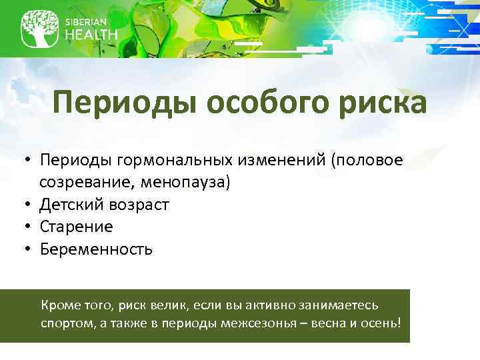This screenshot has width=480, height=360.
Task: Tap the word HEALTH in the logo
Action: coord(91,35)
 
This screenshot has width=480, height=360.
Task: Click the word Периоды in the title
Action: coord(125,104)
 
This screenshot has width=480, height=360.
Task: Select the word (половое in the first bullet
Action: coord(371,161)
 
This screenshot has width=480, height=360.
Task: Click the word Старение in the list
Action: coord(76,227)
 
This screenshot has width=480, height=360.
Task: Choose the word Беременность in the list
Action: coord(96,249)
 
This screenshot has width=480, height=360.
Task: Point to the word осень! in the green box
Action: coord(381,323)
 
